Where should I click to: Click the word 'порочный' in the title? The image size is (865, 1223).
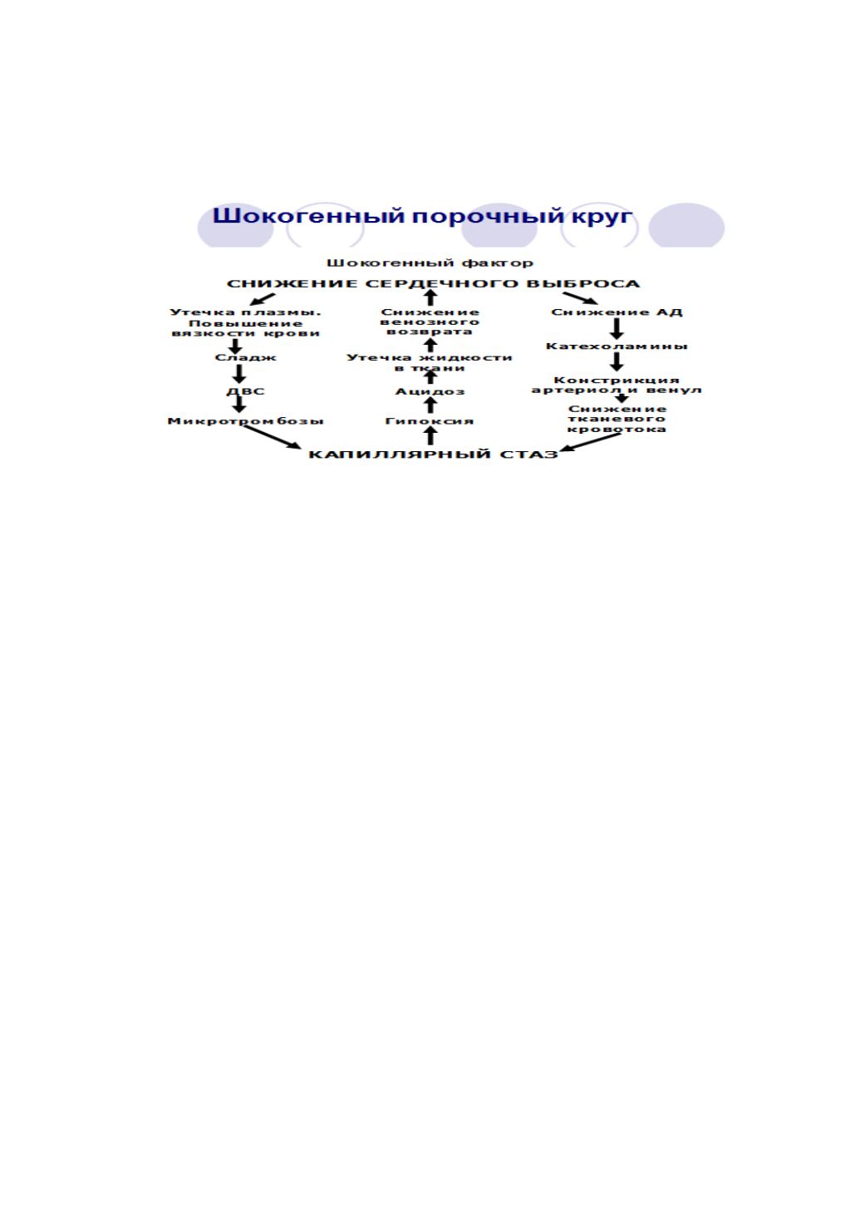[x=488, y=217]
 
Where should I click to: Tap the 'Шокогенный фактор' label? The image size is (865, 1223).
[x=430, y=263]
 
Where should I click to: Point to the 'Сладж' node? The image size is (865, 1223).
[x=245, y=358]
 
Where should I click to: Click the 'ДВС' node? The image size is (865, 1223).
[x=245, y=391]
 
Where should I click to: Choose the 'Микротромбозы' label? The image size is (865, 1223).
[x=245, y=421]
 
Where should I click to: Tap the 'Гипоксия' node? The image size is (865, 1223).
[x=430, y=421]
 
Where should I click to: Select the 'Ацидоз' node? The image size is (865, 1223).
[x=430, y=391]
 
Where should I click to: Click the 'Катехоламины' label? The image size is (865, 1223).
[x=617, y=346]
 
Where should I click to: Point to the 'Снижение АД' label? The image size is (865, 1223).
[x=617, y=312]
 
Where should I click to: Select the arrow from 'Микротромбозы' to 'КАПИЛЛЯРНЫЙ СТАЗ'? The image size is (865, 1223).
[x=272, y=437]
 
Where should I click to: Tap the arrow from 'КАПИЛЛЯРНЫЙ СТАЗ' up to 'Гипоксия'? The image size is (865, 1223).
[x=430, y=435]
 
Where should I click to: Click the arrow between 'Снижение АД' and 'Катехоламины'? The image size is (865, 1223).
[x=617, y=329]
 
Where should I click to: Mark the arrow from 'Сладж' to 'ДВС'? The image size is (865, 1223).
[x=239, y=374]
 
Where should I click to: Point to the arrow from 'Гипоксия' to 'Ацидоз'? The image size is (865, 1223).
[x=430, y=405]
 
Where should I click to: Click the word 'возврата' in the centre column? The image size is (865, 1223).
[x=430, y=332]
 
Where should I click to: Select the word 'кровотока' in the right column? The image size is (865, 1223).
[x=617, y=430]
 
